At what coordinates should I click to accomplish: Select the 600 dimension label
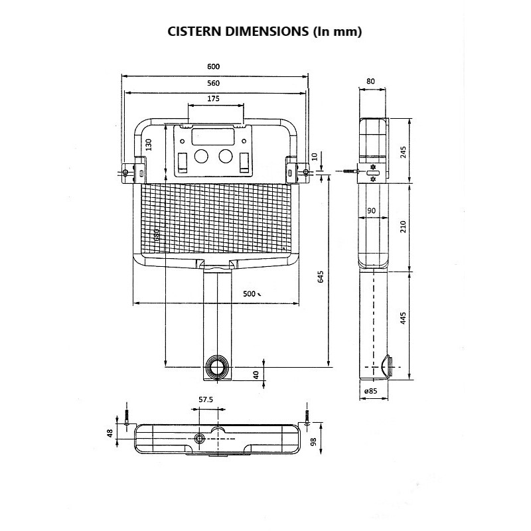pos(213,66)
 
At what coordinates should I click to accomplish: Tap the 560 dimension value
pos(213,83)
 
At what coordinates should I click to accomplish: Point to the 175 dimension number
pos(213,98)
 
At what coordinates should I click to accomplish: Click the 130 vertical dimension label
pos(149,144)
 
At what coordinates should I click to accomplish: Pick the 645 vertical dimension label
pos(321,277)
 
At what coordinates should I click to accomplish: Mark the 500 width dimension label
pos(249,293)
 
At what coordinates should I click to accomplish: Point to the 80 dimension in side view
pos(370,82)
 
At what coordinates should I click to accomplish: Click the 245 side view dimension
pos(403,151)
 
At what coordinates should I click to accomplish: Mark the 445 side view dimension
pos(403,317)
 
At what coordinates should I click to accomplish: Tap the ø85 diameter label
pos(370,391)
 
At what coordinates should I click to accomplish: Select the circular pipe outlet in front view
pos(216,366)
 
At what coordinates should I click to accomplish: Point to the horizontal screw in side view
pos(349,172)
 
